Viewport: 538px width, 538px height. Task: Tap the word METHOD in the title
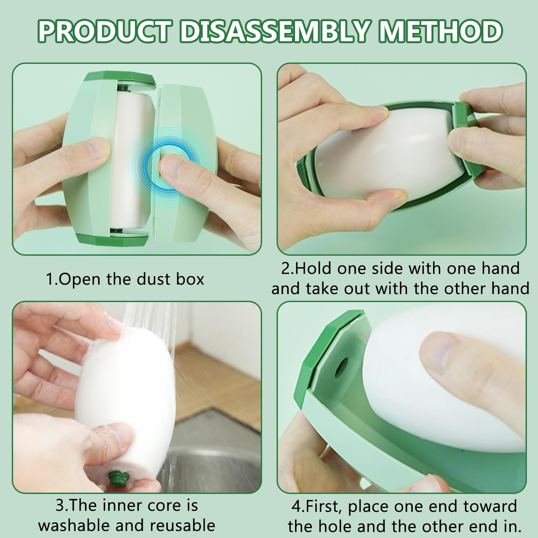click(441, 31)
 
